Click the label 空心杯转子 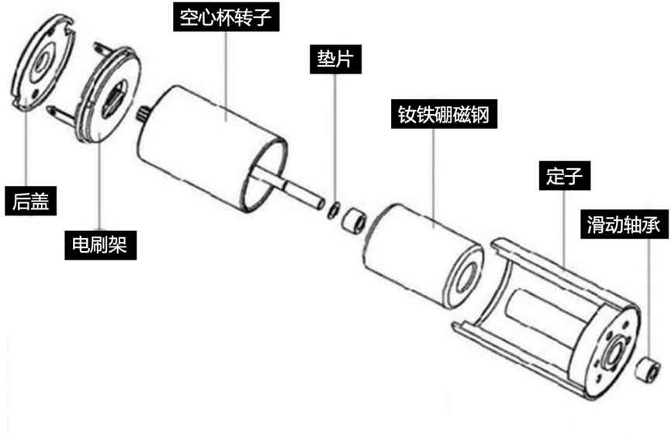(226, 17)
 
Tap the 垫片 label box (335, 59)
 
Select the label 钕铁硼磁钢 (444, 114)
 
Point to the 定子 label (565, 176)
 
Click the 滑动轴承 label (624, 224)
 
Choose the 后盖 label (31, 201)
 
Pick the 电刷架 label (101, 245)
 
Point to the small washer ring (334, 210)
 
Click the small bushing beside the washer (355, 219)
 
